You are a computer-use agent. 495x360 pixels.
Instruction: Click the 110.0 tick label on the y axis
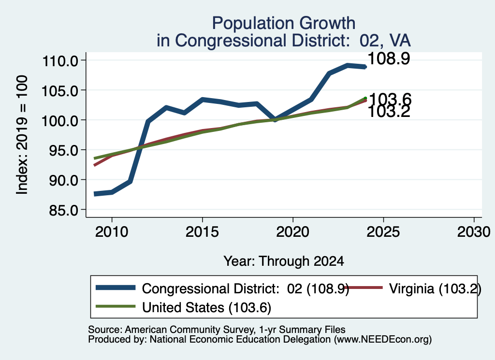coord(60,61)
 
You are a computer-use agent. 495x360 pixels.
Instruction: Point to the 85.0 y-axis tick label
coord(63,210)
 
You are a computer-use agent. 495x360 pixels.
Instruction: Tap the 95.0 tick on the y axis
coord(63,150)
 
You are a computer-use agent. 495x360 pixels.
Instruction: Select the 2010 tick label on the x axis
coord(112,232)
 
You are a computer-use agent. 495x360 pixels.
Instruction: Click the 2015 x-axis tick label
coord(203,232)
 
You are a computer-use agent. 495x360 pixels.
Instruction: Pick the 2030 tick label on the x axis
coord(474,232)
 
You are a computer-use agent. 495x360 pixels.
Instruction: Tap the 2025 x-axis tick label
coord(383,232)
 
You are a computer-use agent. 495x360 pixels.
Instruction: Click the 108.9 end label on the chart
coord(389,58)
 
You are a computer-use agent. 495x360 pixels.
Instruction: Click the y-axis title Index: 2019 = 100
coord(22,135)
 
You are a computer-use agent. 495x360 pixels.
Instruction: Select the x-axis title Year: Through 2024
coord(284,261)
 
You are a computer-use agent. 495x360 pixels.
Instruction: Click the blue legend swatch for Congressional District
coord(116,288)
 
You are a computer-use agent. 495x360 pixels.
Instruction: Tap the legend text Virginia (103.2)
coord(435,288)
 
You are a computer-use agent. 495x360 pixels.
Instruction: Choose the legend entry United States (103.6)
coord(206,308)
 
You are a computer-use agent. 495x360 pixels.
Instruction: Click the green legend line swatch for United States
coord(116,306)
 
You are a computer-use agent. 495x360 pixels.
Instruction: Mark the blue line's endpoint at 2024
coord(365,67)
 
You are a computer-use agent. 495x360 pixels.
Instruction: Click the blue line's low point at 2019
coord(275,119)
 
